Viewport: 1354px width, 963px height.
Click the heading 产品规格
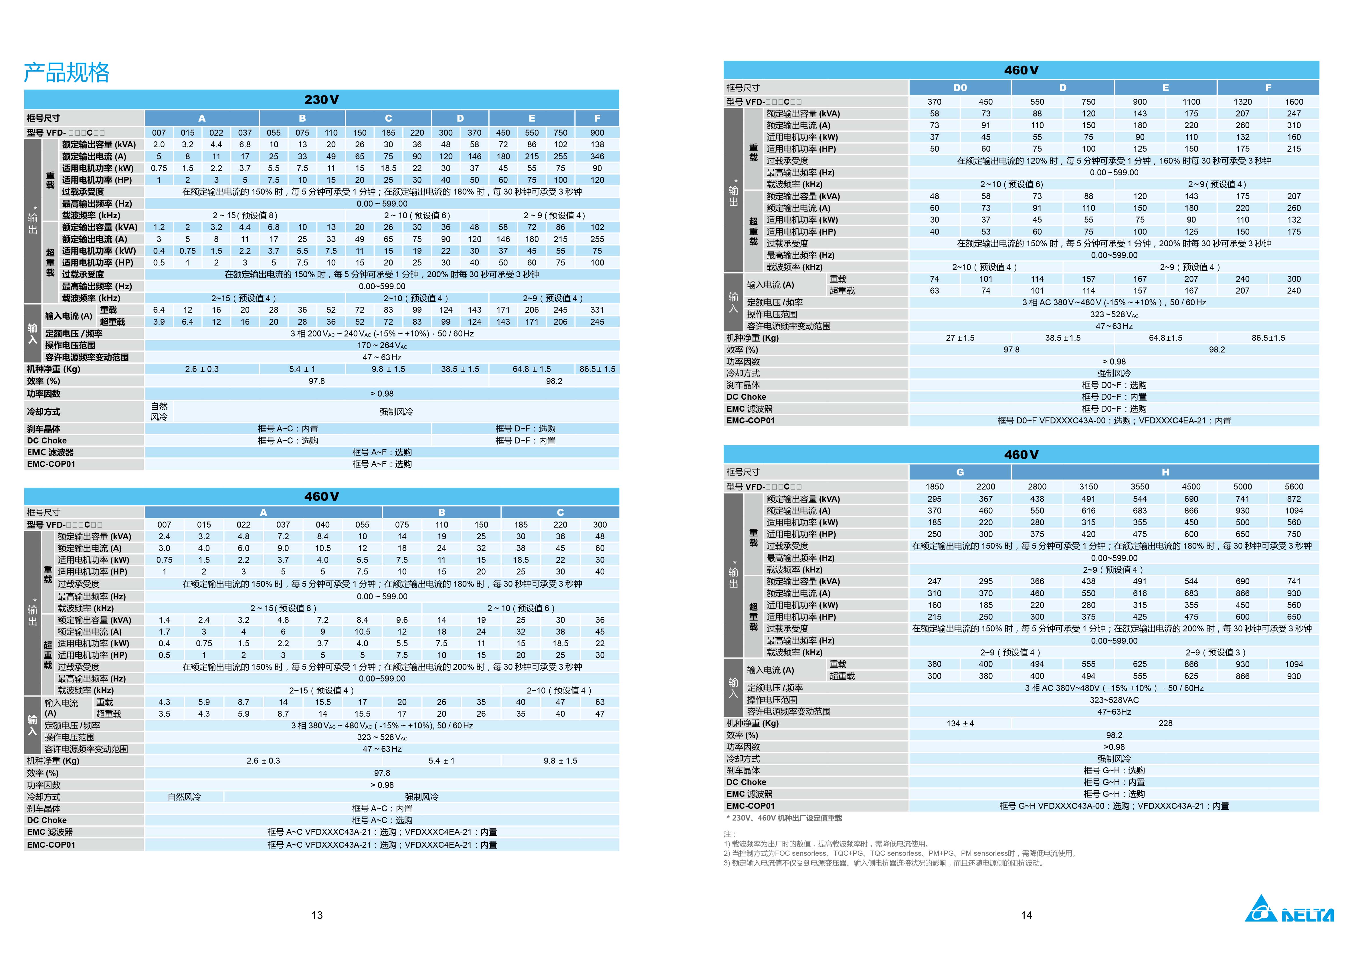tap(66, 72)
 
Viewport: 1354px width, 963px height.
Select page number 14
tap(1026, 915)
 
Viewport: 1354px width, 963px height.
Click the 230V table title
tap(321, 100)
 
